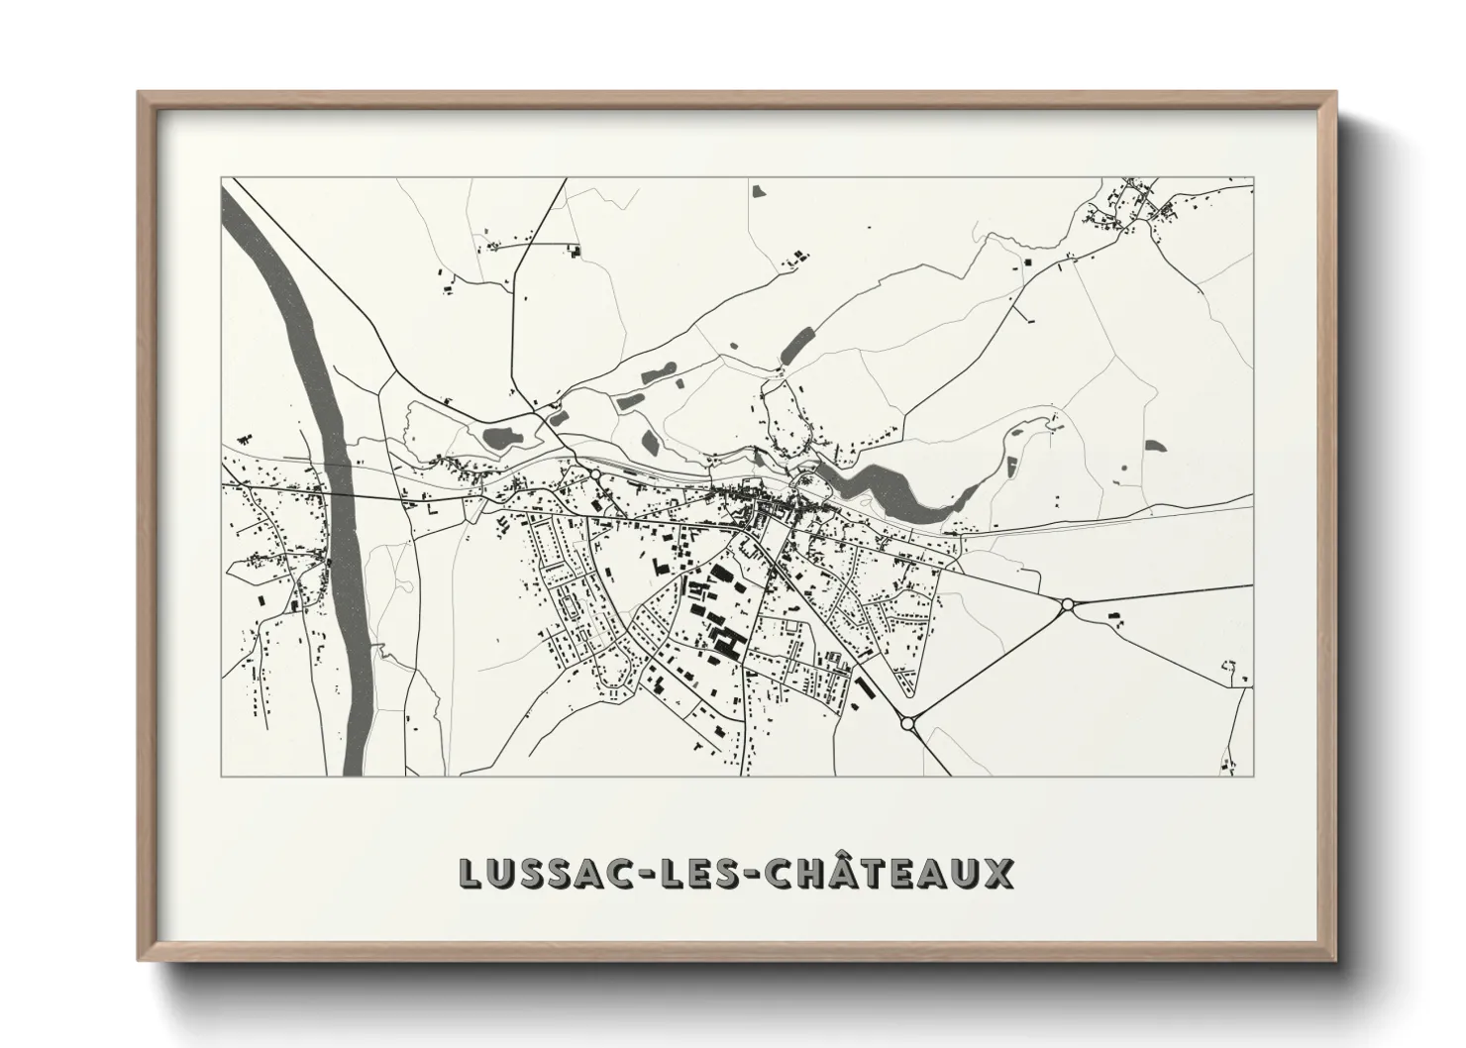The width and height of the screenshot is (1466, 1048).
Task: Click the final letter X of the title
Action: (x=998, y=874)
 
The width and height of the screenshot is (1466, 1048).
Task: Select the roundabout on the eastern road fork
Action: (x=1067, y=604)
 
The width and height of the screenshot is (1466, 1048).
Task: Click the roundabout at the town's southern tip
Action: (x=907, y=724)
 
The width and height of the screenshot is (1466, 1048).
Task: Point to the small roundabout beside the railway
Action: (x=596, y=475)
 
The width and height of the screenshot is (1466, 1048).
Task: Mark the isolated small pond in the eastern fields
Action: (x=1152, y=447)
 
